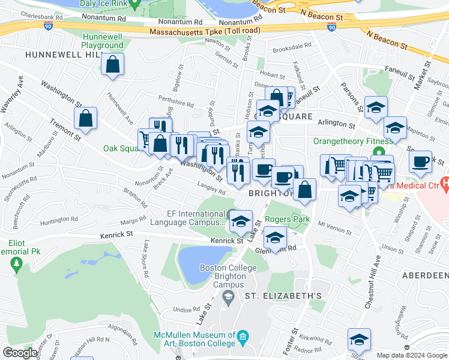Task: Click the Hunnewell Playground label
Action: [x=102, y=41]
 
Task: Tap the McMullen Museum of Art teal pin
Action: [x=242, y=337]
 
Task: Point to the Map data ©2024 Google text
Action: [x=411, y=355]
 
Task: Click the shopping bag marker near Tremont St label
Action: [x=86, y=118]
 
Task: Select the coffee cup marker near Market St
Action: [x=421, y=161]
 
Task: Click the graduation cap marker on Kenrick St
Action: [x=241, y=221]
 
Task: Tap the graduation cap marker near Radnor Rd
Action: [x=359, y=340]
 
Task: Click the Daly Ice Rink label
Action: [x=102, y=4]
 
